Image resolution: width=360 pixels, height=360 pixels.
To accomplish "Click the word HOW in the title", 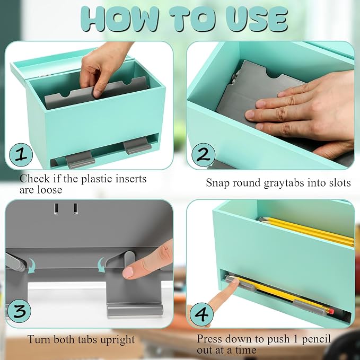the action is pos(119,19).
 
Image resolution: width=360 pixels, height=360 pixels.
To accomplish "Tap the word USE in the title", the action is pos(257,19).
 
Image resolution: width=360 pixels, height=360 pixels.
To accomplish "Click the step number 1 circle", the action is pos(21,155).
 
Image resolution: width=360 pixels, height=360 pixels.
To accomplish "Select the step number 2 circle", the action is pos(204,155).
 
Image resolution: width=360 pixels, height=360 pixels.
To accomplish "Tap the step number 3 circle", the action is pos(19,311).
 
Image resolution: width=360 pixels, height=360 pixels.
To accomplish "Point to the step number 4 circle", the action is pos(201,314).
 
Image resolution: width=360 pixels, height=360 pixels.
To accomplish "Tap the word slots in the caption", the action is pos(340,183).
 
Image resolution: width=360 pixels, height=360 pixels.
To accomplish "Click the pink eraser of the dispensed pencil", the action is pos(331,312).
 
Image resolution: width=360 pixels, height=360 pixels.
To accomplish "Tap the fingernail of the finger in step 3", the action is pos(128,273).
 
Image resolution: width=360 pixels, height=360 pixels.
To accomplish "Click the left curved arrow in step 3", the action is pos(31,266).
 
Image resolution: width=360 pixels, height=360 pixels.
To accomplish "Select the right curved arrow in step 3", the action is pos(101,265).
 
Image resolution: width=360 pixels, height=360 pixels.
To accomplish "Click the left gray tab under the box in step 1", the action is pos(80,160).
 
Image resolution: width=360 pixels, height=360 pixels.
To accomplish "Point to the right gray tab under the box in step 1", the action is pos(137,146).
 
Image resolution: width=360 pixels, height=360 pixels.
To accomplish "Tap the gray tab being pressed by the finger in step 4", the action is pos(240,284).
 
